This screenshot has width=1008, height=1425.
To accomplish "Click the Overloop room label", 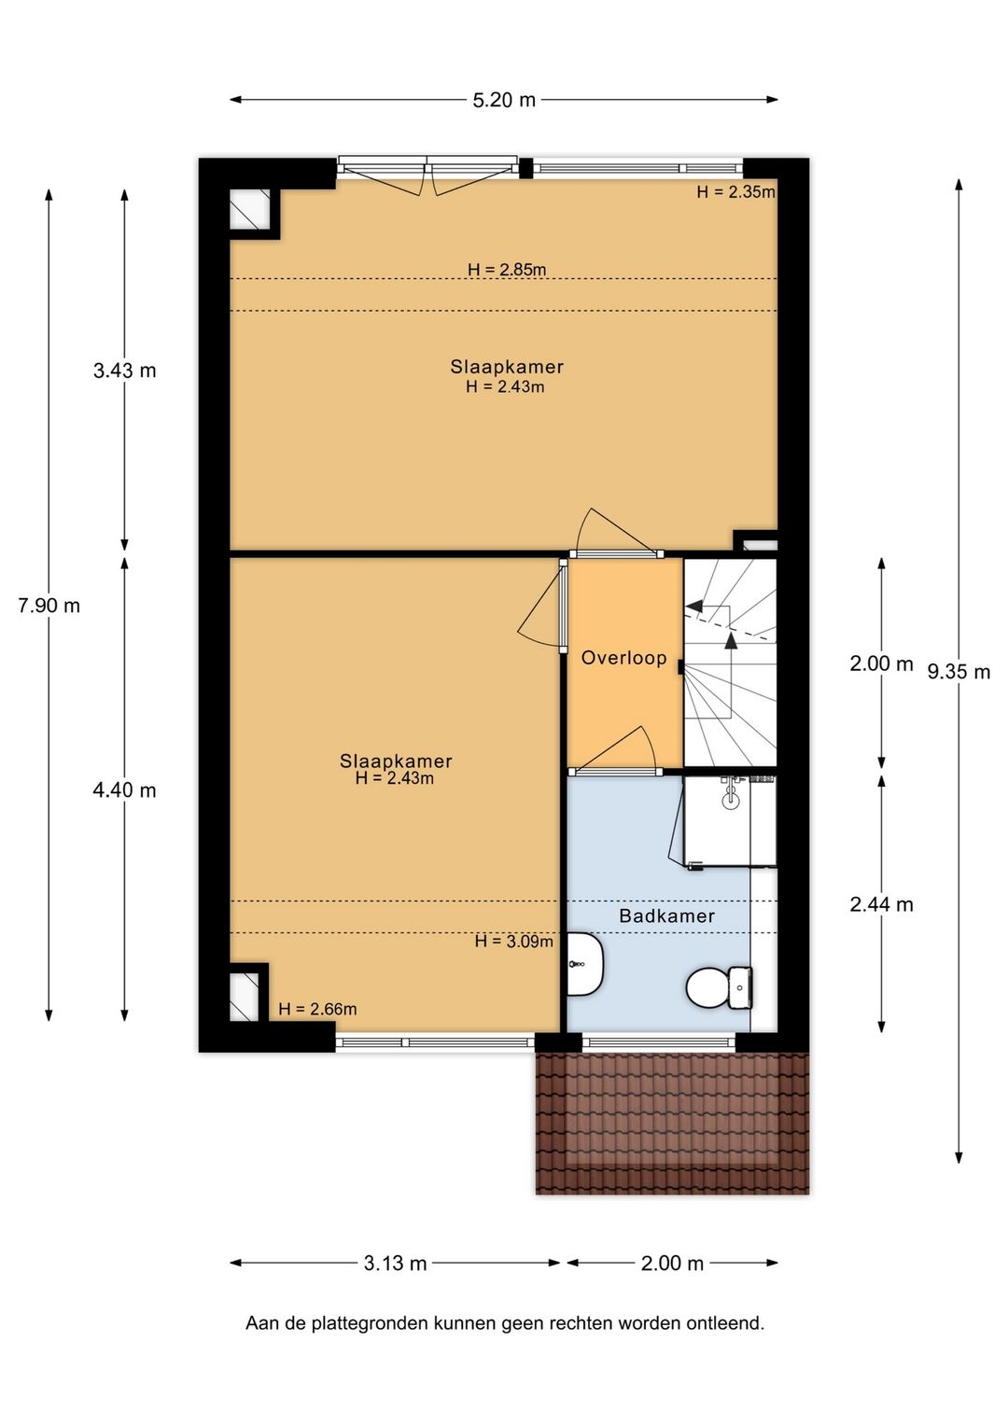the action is [x=623, y=658].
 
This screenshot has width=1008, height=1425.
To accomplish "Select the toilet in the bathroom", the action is [x=719, y=988].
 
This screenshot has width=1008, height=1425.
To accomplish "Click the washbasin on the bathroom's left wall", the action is [x=585, y=964].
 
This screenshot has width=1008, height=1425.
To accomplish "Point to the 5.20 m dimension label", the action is [x=504, y=100].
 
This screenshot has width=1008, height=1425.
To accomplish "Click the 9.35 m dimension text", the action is [x=959, y=672].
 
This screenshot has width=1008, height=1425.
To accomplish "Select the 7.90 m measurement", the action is [x=49, y=606].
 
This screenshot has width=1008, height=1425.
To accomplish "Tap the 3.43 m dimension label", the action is [x=125, y=370].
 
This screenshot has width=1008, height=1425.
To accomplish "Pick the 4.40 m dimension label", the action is [x=125, y=790].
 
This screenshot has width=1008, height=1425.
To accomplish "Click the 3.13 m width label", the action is [x=395, y=1263].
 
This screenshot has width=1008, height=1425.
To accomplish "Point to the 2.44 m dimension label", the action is [x=881, y=904].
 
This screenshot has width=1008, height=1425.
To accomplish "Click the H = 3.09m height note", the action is [x=514, y=941].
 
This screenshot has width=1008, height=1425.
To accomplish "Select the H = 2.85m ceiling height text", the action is [x=507, y=269].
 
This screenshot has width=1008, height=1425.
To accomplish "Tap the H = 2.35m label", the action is [x=736, y=191].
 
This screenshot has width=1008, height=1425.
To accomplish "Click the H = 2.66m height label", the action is [x=317, y=1008].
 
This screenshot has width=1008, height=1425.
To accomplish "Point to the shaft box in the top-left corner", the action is [x=249, y=209].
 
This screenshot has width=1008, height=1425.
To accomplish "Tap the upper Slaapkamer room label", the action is [x=507, y=367].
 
